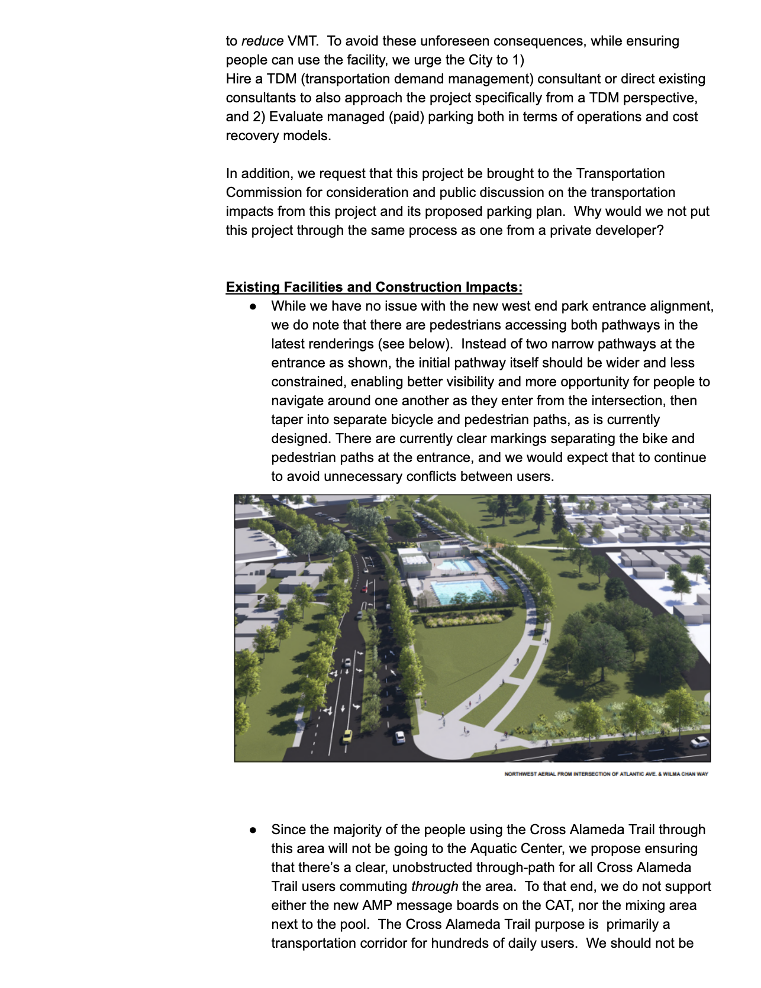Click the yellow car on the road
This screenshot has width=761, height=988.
(347, 737)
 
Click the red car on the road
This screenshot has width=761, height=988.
(365, 588)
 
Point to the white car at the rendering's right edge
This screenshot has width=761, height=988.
(699, 741)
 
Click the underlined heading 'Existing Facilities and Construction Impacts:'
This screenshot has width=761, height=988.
(374, 287)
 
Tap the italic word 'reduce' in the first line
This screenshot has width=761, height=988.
(262, 41)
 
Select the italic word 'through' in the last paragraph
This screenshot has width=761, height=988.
(434, 886)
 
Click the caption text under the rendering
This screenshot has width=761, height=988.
(606, 774)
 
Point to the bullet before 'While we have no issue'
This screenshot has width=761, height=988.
(253, 306)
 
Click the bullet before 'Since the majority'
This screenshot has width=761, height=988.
(253, 830)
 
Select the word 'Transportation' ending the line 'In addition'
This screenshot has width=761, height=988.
(620, 173)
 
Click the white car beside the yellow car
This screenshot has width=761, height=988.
(400, 737)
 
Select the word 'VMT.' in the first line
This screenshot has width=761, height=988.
(302, 41)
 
